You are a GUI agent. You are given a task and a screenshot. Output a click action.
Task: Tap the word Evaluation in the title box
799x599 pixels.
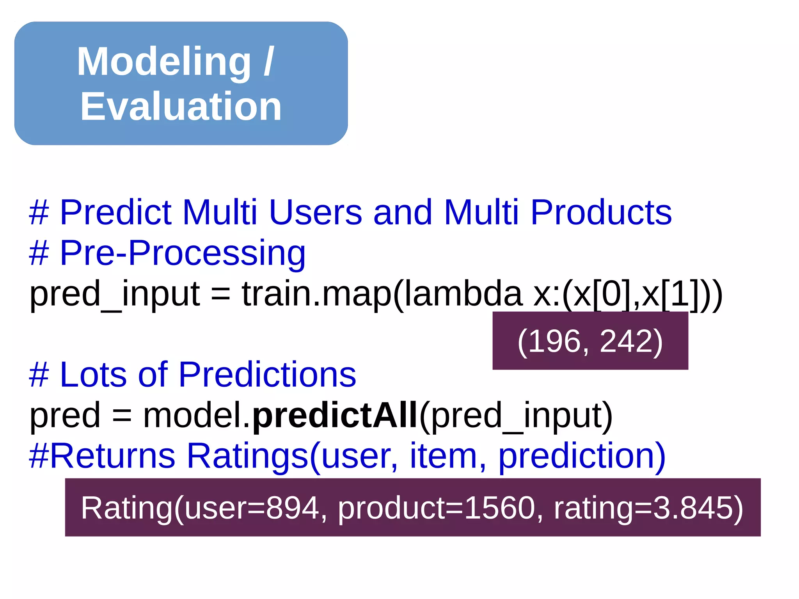[181, 107]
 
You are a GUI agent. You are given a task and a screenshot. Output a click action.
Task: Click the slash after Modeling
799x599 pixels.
[269, 62]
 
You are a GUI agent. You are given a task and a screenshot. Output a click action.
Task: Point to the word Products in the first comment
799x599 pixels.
[601, 213]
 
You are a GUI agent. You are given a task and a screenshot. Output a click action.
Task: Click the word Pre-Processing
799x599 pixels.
[182, 254]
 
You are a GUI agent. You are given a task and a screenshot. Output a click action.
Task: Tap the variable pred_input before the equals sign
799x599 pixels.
[115, 295]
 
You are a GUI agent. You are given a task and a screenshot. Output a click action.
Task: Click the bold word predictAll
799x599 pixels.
[335, 416]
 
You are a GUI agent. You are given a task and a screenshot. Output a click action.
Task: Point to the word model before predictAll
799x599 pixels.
[193, 416]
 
